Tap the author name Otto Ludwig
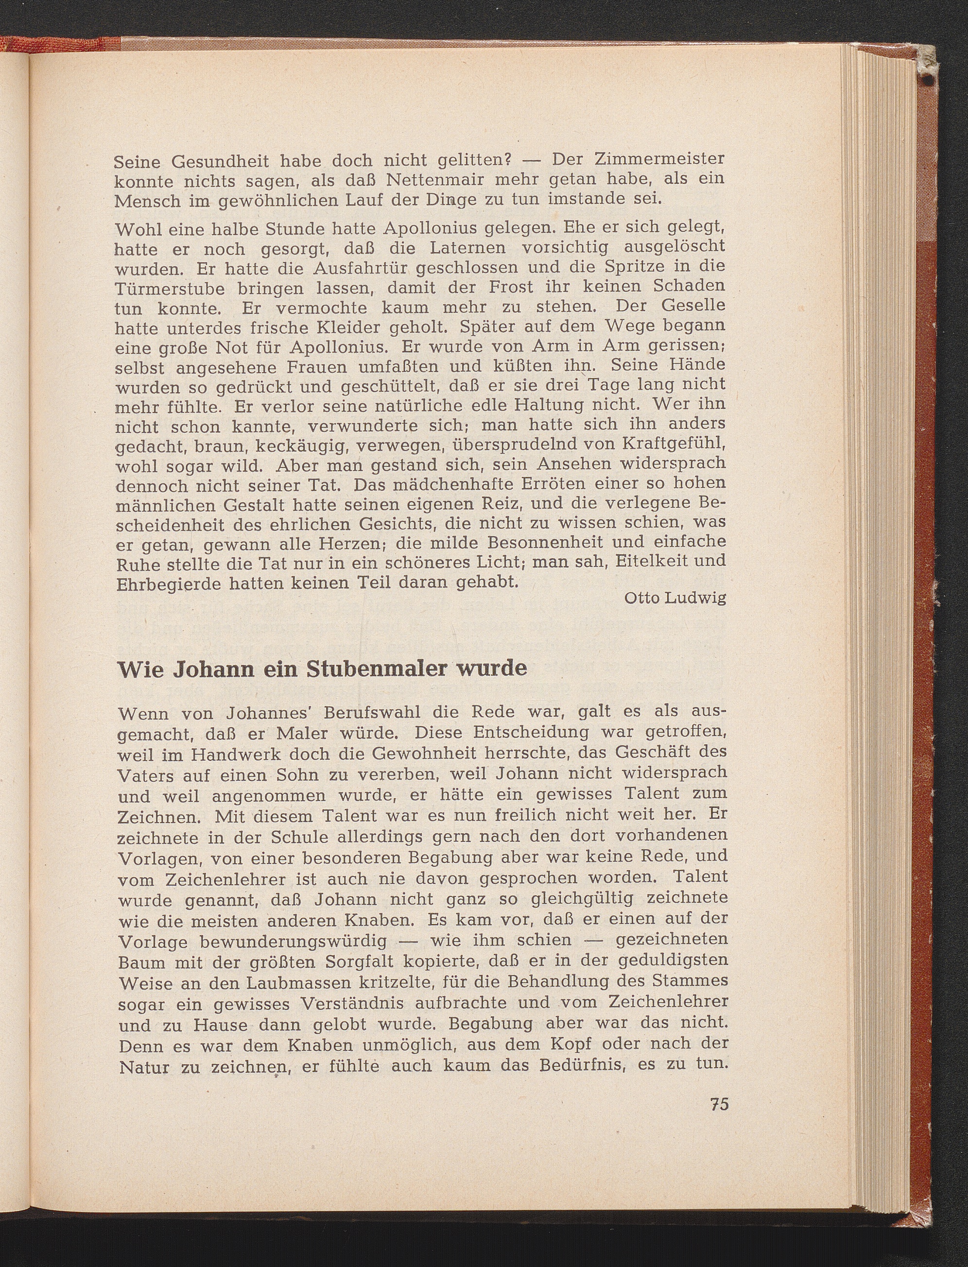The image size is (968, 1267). (674, 599)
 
